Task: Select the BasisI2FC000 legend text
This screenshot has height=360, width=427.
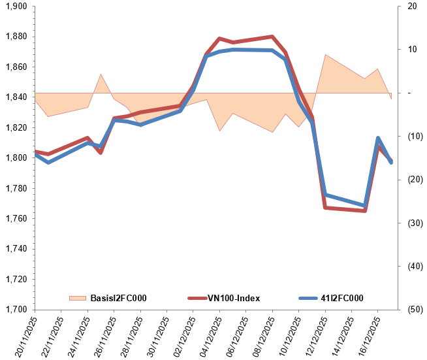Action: point(118,298)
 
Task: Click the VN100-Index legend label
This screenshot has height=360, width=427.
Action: point(234,298)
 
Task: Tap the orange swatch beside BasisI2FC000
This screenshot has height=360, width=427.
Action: point(77,298)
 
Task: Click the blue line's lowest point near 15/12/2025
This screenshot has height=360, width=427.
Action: point(365,206)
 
